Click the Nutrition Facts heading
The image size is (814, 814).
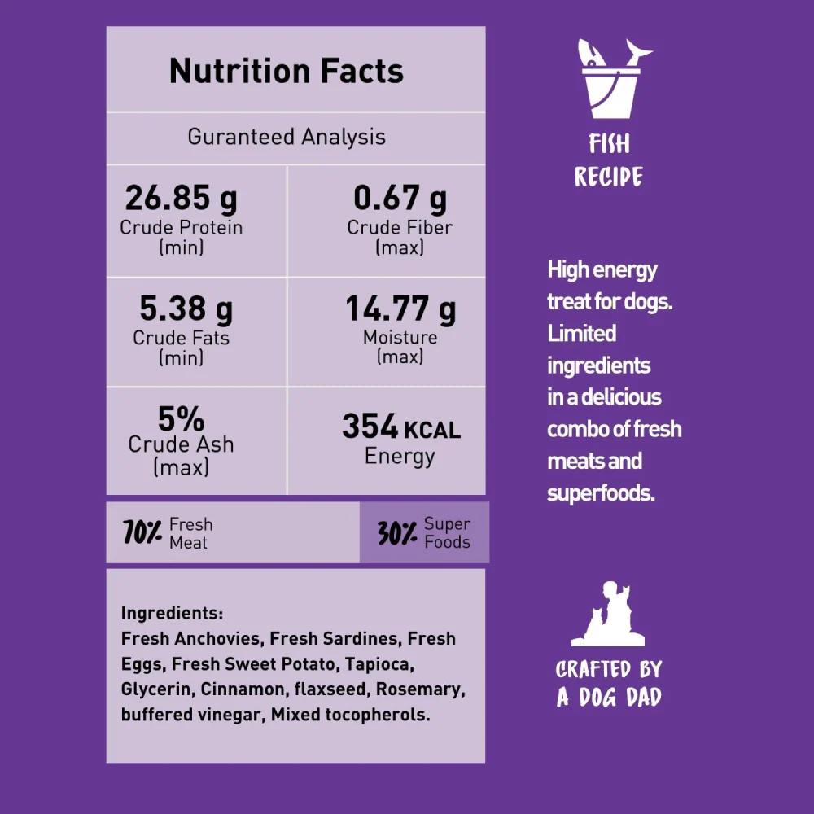point(287,72)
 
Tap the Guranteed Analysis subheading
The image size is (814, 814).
point(287,137)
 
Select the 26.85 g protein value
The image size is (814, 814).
point(181,198)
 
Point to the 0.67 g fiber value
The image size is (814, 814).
point(400,198)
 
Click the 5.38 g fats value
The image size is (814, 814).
point(186,309)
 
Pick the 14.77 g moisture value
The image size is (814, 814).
point(400,309)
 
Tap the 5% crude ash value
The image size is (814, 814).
point(181,419)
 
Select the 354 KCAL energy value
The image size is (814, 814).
point(400,427)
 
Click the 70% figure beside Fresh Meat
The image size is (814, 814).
point(143,534)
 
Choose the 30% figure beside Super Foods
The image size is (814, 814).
point(398,534)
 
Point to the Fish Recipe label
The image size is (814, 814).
point(609,161)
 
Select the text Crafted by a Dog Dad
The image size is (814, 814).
point(609,683)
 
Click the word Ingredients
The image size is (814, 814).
point(172,613)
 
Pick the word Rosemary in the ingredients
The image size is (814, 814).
point(422,689)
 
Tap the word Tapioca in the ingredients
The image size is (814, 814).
point(379,664)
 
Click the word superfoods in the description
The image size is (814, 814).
point(601,493)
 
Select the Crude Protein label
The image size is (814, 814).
point(181,228)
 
